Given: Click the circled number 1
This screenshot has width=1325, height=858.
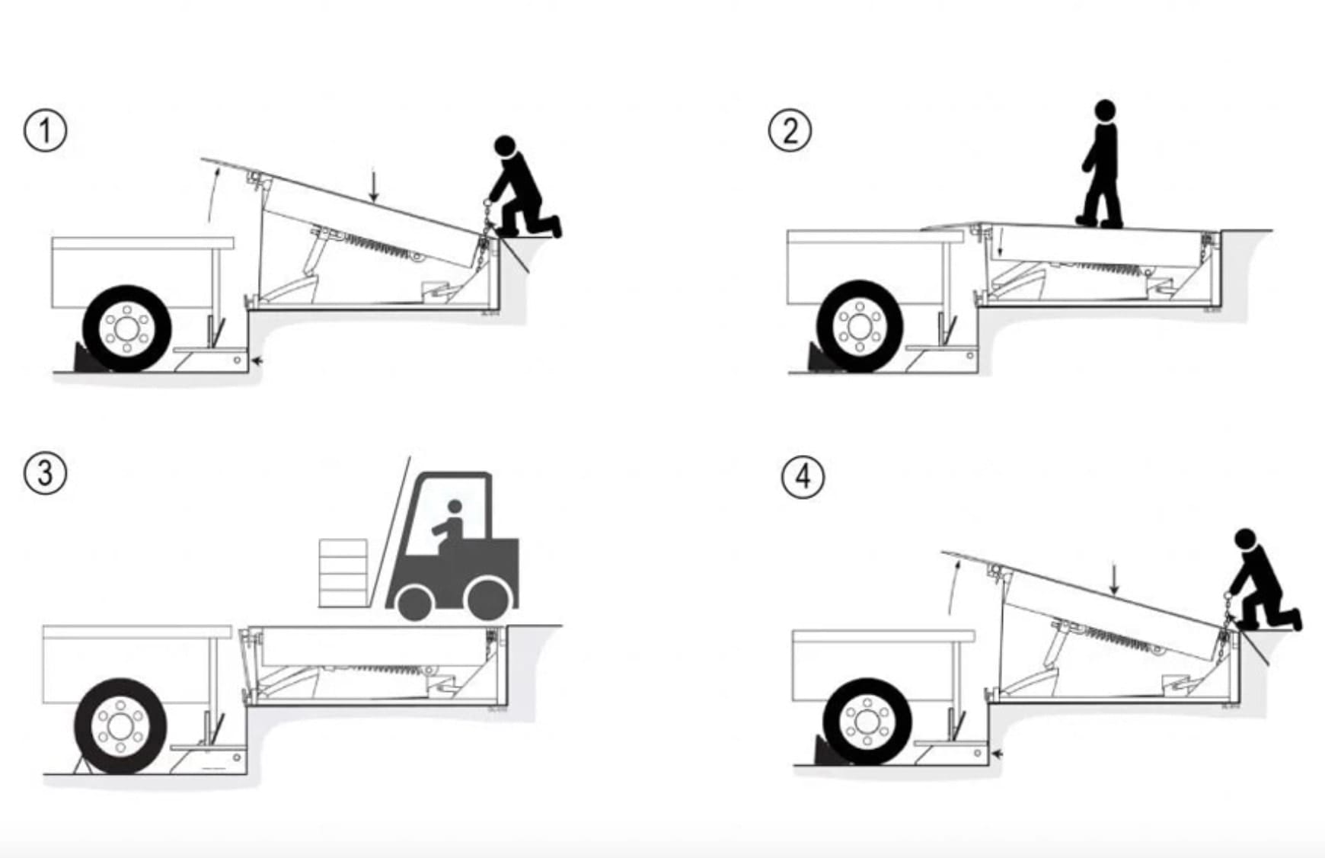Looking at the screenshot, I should pos(46,131).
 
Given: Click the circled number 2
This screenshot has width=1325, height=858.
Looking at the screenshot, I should pos(790,131).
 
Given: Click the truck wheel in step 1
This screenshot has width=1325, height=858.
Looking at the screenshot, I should pos(127,329).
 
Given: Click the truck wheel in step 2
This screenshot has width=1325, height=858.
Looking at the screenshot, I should pos(860,326).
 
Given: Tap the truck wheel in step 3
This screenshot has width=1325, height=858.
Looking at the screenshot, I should pos(120,726).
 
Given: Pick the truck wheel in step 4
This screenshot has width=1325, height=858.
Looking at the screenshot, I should pos(867,721).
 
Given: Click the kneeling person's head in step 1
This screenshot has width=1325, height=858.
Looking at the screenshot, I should pos(505,146).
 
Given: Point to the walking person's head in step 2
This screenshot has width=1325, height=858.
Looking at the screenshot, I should pos(1105,109).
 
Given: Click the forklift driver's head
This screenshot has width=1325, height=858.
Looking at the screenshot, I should pos(455,507).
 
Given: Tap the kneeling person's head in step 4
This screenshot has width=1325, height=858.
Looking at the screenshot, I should pos(1245,538).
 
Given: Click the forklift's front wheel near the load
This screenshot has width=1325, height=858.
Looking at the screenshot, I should pos(415,602).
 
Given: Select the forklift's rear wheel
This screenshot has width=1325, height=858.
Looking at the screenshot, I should pos(487,598).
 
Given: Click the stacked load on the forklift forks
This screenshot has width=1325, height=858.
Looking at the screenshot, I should pos(343,573).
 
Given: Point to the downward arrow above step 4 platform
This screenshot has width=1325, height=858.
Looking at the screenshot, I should pos(1114,579).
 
